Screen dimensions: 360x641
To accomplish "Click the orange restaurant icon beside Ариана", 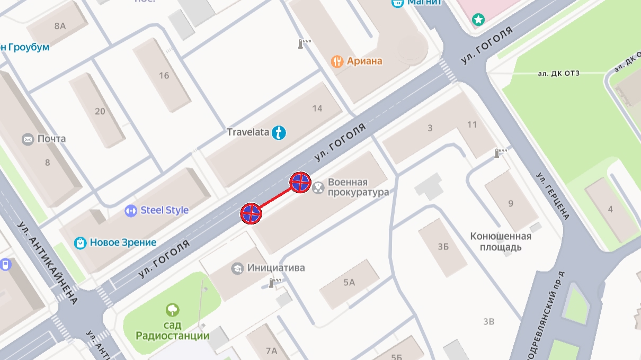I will [337, 61].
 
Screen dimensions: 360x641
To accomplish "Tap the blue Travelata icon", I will [279, 132].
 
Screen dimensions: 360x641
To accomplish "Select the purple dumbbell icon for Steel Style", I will [131, 211].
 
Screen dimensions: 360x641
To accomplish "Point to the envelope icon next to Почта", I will [28, 139].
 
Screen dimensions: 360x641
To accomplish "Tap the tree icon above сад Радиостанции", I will [172, 310].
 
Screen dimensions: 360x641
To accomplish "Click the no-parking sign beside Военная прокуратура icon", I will [300, 183].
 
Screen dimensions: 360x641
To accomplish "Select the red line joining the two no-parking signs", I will [275, 198].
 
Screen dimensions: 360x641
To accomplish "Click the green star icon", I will [478, 20].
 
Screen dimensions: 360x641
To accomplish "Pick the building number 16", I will [164, 76].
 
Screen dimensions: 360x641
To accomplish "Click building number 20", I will [100, 111].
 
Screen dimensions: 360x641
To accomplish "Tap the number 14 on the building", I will [317, 109].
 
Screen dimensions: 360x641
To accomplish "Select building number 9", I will [511, 203].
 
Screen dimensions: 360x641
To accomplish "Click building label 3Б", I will [443, 247].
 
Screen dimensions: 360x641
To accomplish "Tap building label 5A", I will [349, 283].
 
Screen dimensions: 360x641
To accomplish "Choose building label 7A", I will [271, 350].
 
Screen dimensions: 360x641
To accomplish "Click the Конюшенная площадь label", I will [501, 241].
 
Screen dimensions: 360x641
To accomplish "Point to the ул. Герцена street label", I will [553, 196].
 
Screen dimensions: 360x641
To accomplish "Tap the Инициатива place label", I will [276, 268].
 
